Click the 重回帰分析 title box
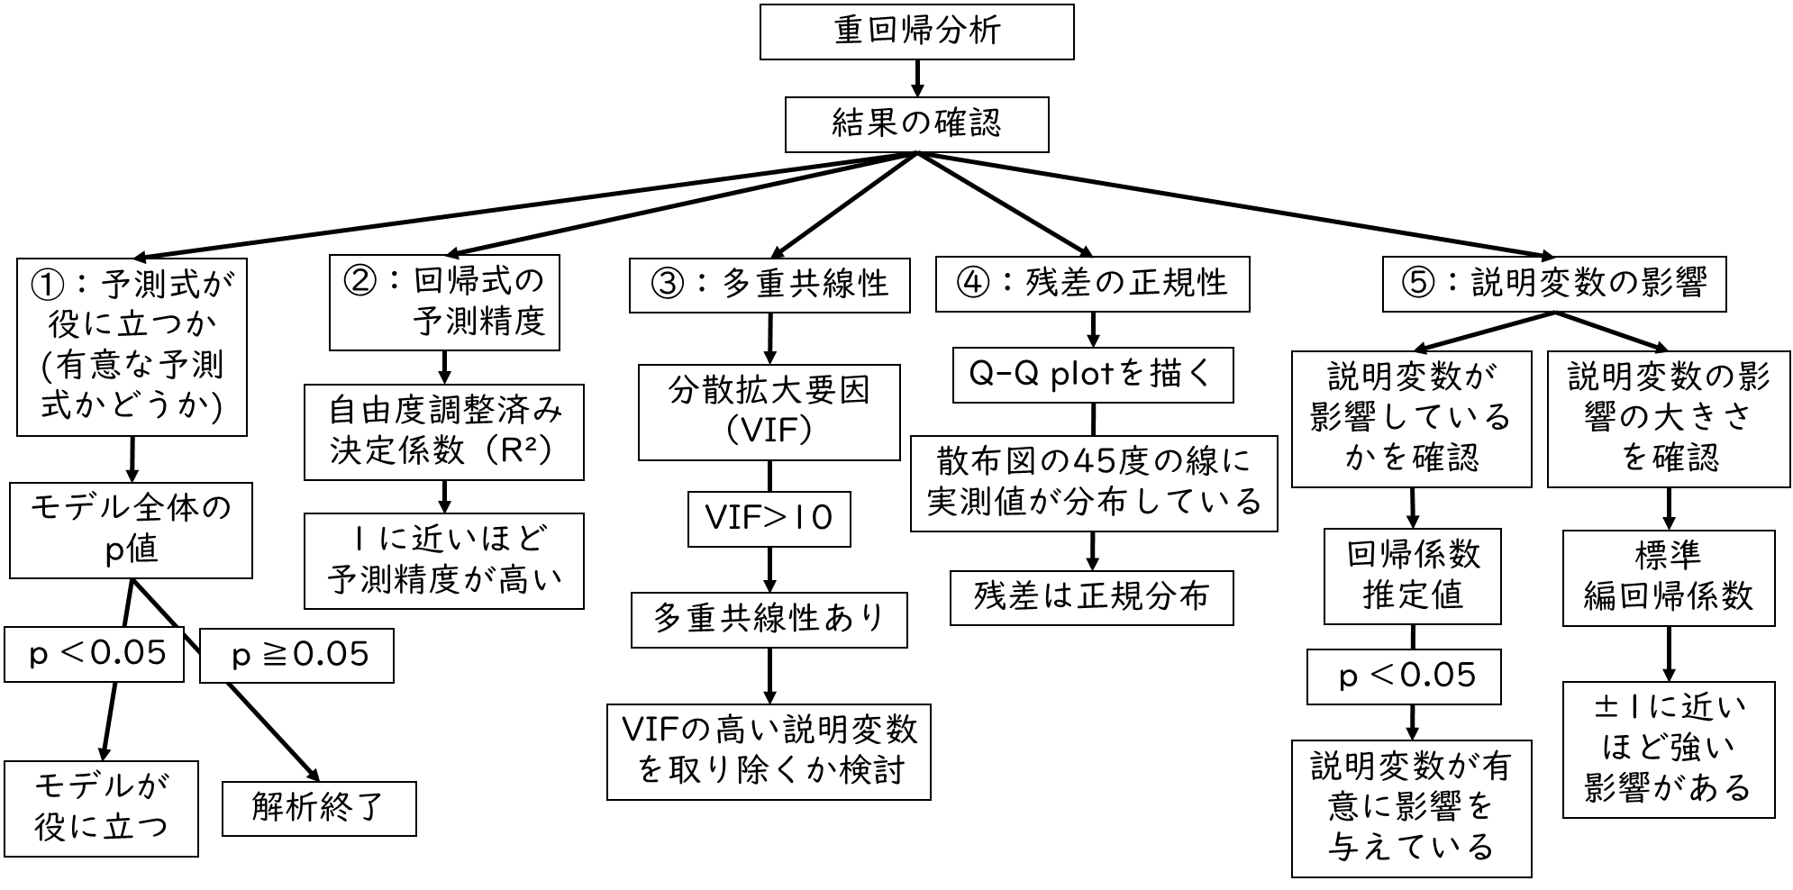[x=916, y=32]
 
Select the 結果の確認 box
[x=916, y=124]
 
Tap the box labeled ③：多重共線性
[x=769, y=286]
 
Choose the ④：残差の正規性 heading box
[x=1092, y=285]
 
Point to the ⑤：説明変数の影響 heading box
[x=1554, y=285]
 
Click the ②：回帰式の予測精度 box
[x=444, y=303]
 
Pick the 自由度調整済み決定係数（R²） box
[x=443, y=432]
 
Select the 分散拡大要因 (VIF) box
[x=769, y=412]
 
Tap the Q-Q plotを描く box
[x=1092, y=375]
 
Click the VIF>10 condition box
[x=769, y=519]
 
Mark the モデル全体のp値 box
[x=131, y=531]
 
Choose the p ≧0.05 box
[x=296, y=656]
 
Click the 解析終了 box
[x=319, y=809]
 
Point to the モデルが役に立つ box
[x=101, y=808]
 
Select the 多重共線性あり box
[x=769, y=620]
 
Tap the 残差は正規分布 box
[x=1091, y=597]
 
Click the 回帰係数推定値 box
[x=1412, y=576]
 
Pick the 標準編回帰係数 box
[x=1668, y=577]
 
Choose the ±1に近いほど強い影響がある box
[x=1668, y=749]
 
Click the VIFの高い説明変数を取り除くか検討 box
[x=769, y=752]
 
